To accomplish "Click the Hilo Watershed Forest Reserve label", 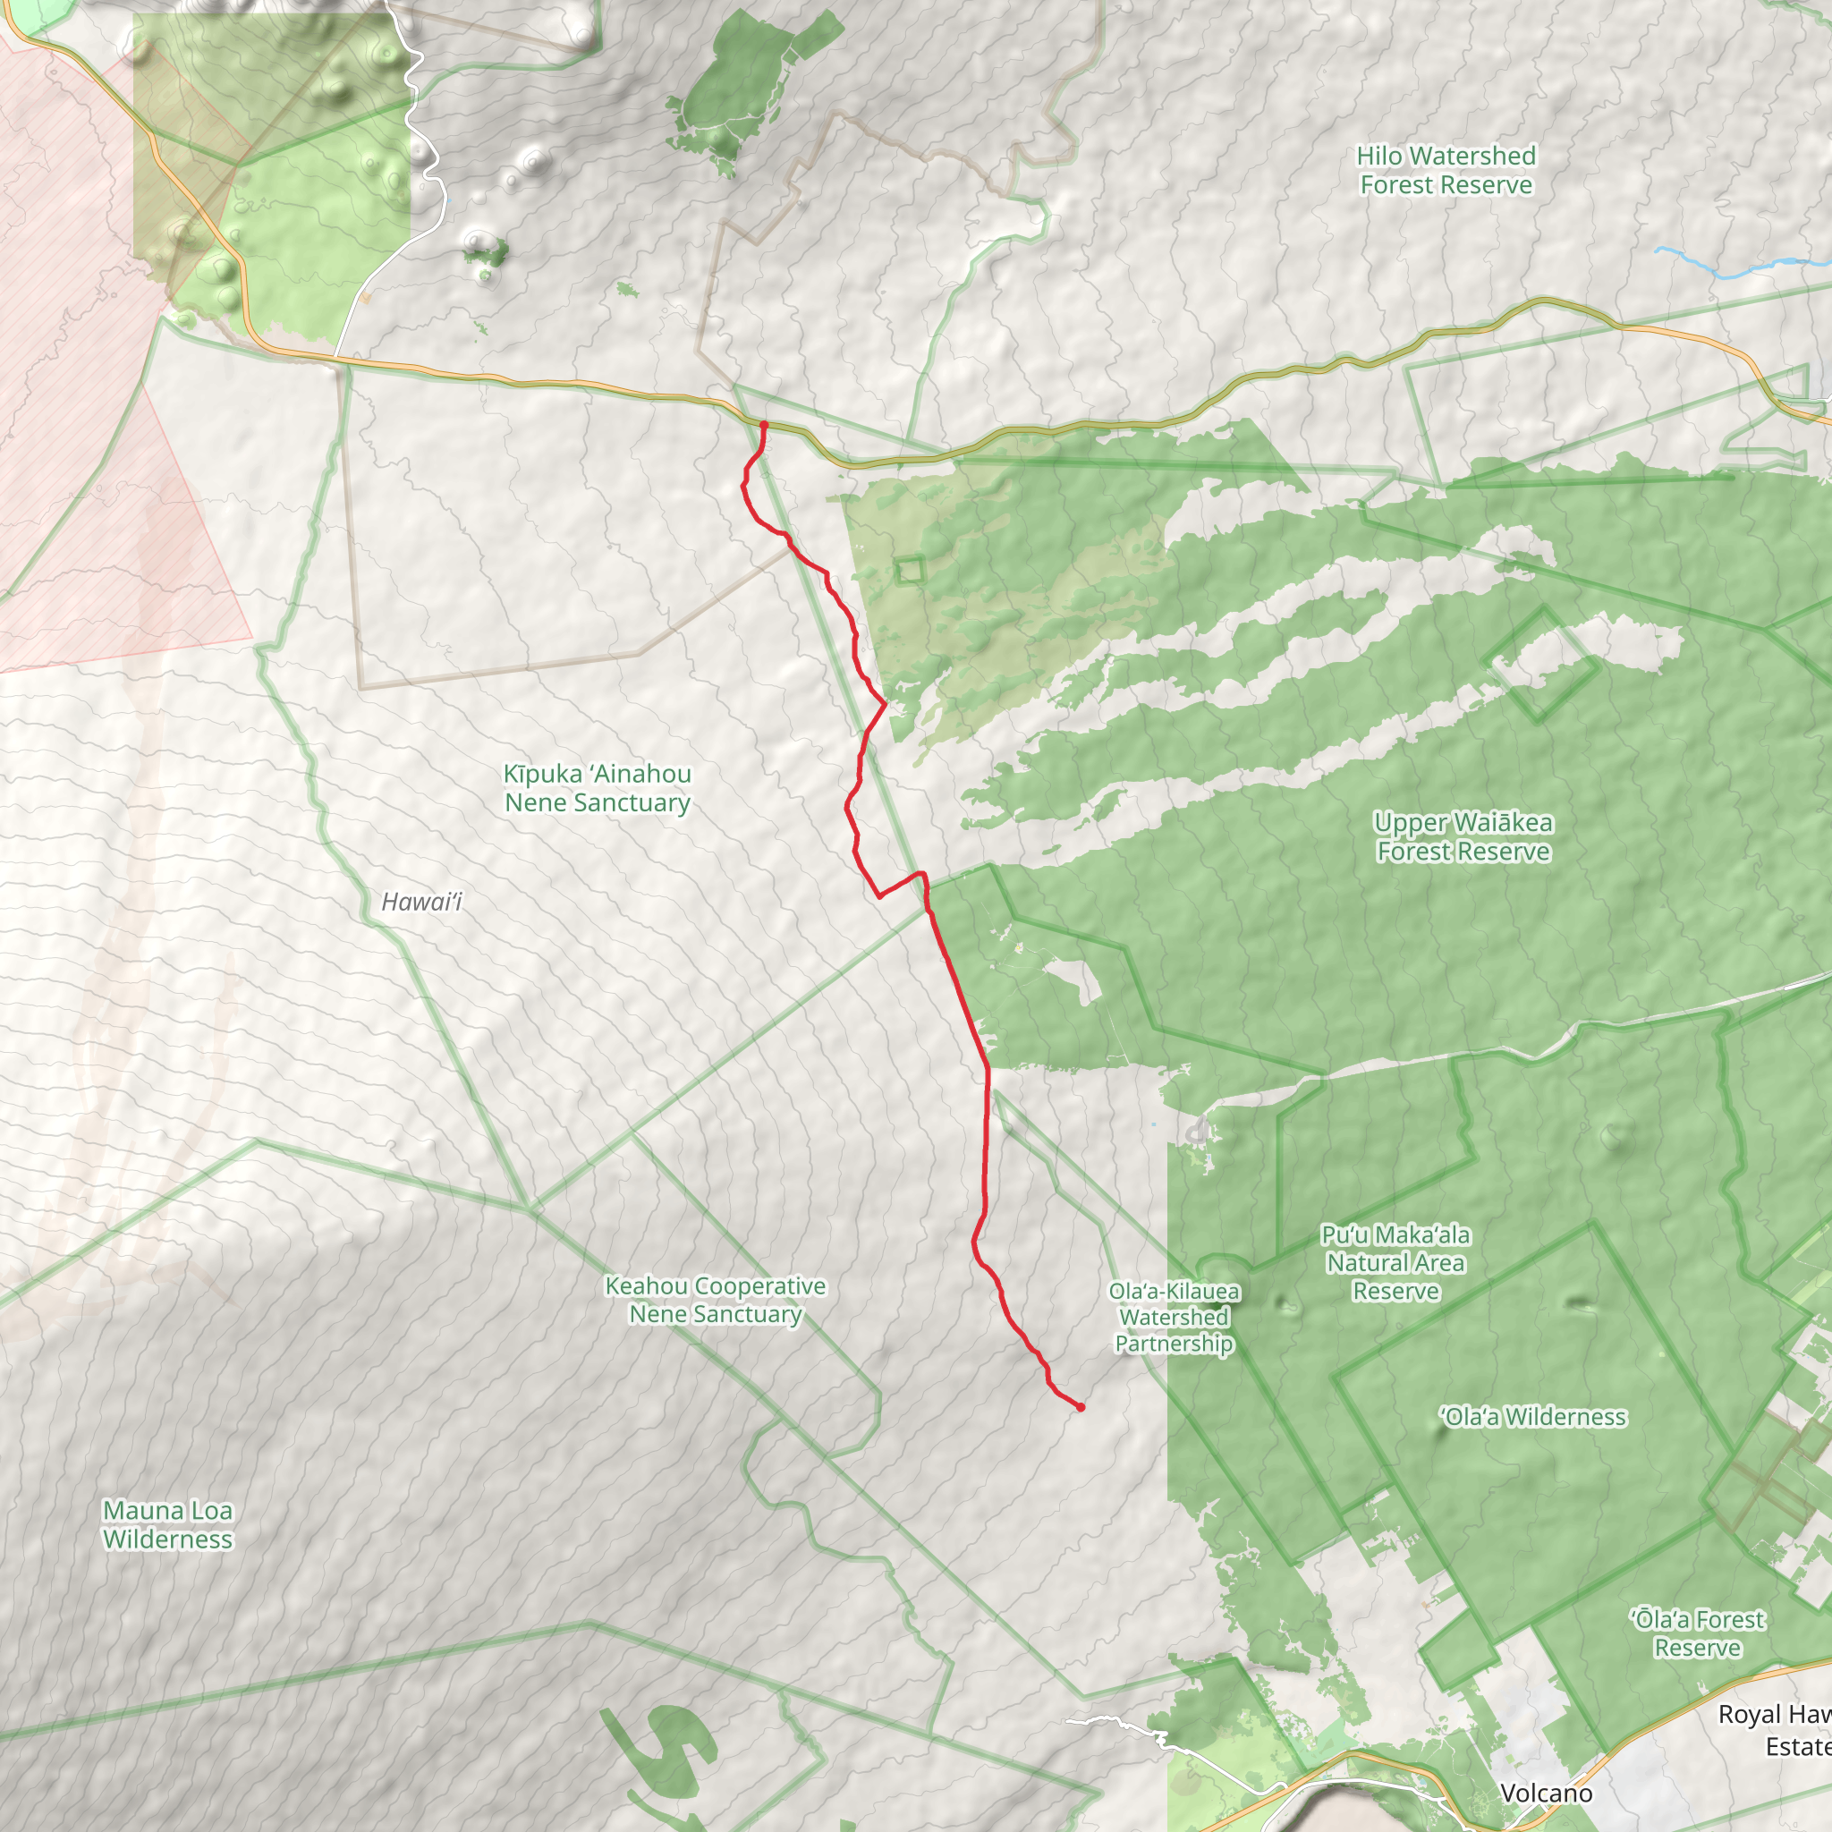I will (x=1446, y=171).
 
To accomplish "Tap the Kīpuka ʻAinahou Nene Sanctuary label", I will (x=598, y=788).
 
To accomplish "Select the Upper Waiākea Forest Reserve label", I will (x=1463, y=837).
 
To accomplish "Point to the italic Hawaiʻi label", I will (x=421, y=902).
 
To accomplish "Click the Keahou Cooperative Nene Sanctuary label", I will (x=716, y=1300).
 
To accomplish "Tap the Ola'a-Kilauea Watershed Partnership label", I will (x=1174, y=1317).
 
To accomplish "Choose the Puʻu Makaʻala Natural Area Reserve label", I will (x=1395, y=1263).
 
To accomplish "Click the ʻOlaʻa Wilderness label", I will (x=1533, y=1418).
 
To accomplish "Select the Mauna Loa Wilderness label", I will (x=168, y=1525).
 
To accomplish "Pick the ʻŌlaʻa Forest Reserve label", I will (x=1697, y=1633).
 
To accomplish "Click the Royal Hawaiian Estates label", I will (x=1779, y=1731).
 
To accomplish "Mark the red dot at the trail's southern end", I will (x=1080, y=1407).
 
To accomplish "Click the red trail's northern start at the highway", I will (x=763, y=425).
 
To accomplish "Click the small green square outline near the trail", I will (x=911, y=570).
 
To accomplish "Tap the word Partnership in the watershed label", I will (x=1174, y=1344).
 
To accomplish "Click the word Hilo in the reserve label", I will (x=1378, y=157).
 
